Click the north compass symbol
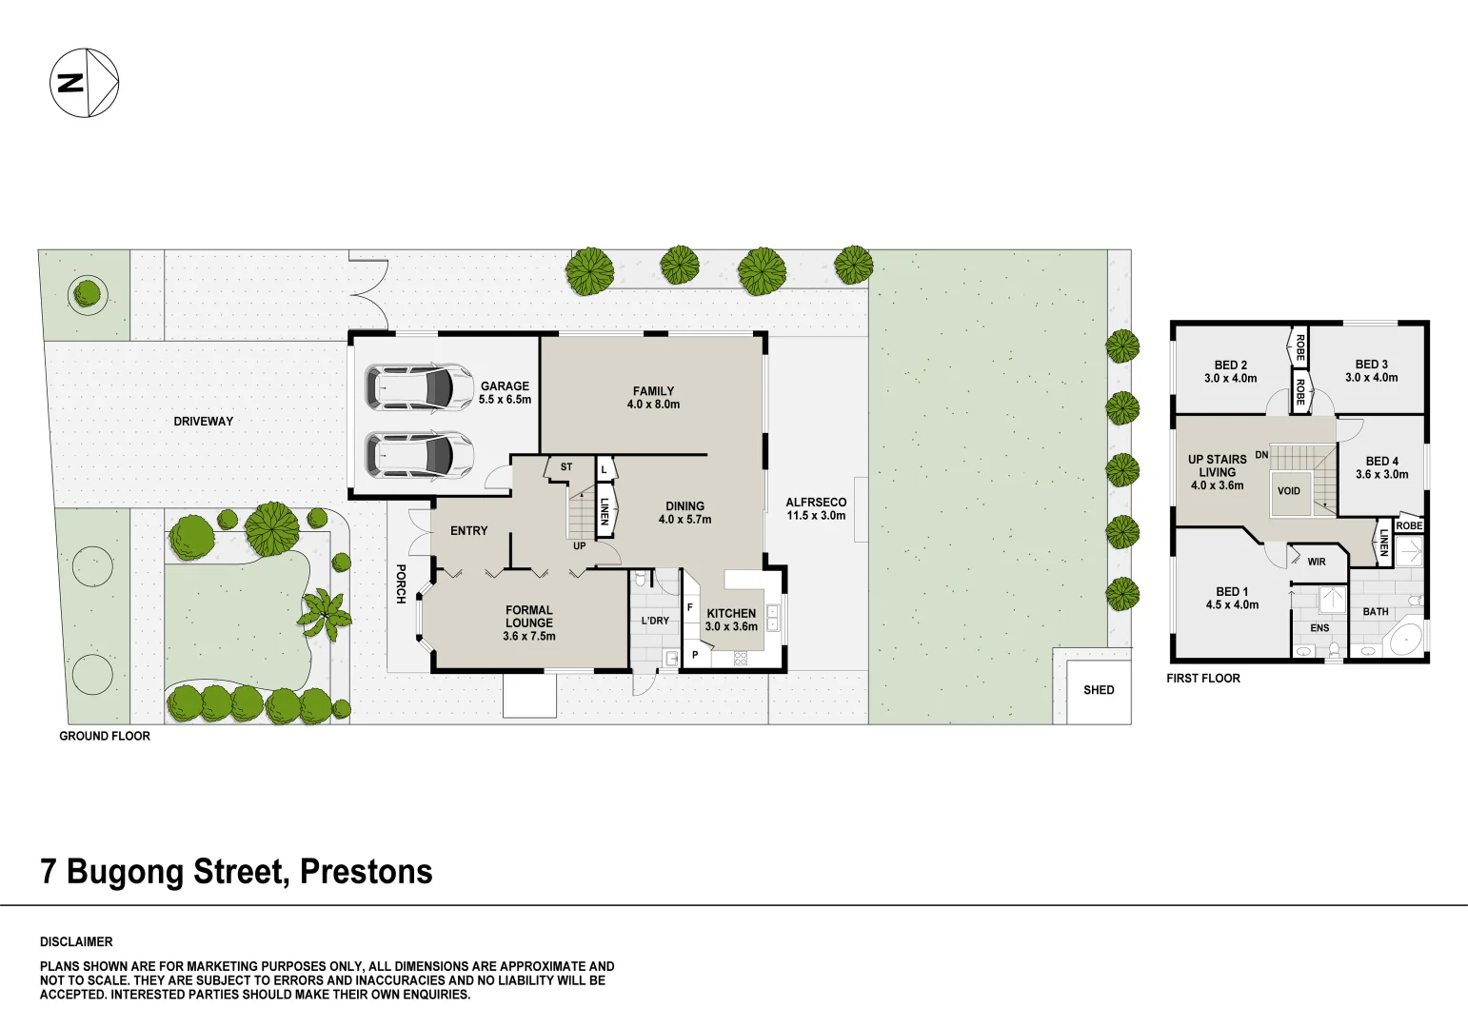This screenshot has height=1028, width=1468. (84, 83)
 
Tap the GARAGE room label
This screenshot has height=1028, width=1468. (505, 386)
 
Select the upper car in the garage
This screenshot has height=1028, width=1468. (420, 387)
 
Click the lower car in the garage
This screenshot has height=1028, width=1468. (420, 455)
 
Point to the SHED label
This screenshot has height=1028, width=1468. (1099, 690)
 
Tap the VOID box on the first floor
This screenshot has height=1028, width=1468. (1289, 491)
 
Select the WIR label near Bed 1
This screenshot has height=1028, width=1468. (1316, 563)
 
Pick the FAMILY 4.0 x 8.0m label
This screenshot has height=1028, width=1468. (654, 398)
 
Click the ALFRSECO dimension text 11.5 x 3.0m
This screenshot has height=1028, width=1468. (816, 517)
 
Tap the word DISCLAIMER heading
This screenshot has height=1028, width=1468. (76, 942)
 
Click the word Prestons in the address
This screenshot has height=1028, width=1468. (367, 872)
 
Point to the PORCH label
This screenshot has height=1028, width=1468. (401, 584)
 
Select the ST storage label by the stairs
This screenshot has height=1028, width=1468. (566, 467)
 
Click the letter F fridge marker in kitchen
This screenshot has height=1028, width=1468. (690, 607)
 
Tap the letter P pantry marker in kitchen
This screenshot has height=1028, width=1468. (695, 655)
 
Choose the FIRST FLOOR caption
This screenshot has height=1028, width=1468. (1203, 679)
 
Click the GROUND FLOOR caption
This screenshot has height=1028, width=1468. (105, 736)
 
